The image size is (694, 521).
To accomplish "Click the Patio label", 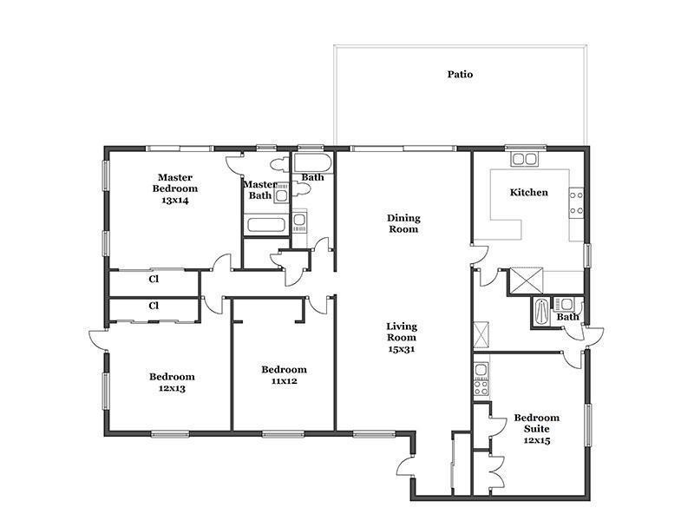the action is point(460,75).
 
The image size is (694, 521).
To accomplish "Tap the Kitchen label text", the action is point(529,192).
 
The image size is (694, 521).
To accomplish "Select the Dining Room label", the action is point(403,223).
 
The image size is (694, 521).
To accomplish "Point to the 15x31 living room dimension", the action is point(402,349).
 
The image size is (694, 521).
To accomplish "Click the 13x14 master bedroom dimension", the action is point(175,201).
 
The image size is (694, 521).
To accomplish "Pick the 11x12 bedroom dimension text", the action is point(285,381).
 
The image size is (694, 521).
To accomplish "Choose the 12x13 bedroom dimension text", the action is point(172,388).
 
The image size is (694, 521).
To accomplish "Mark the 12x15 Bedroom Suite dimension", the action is point(537,440).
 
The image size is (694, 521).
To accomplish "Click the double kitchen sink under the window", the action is point(524,159).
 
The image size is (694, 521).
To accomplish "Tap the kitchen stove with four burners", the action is point(576,202).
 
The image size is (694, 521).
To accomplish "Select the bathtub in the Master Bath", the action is point(265,224).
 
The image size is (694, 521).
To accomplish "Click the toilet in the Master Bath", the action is point(278,165).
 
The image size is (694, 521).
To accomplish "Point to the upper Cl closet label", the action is point(154,279).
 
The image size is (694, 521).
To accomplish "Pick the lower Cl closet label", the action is point(154,306).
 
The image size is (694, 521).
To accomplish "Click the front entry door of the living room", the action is point(405,466).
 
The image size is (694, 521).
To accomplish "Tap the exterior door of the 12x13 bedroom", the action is point(97,340).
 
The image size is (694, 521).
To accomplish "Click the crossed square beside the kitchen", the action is point(527,280).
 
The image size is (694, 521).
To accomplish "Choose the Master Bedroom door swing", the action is point(222,262).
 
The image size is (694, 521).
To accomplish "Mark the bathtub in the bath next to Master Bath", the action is point(312,164).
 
